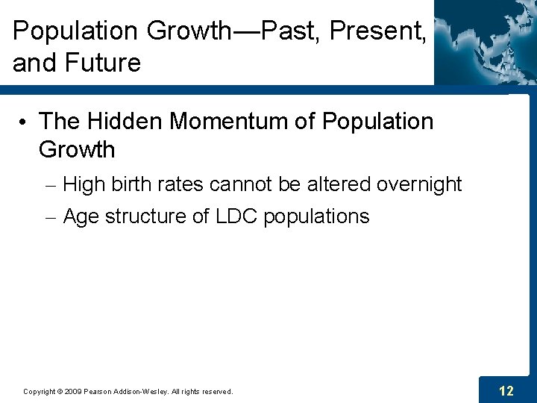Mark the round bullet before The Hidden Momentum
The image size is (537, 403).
pyautogui.click(x=25, y=122)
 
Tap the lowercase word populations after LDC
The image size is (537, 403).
pyautogui.click(x=316, y=217)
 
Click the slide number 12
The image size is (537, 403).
pyautogui.click(x=506, y=390)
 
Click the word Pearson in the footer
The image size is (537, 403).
pyautogui.click(x=98, y=391)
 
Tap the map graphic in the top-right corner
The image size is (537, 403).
pyautogui.click(x=485, y=41)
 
